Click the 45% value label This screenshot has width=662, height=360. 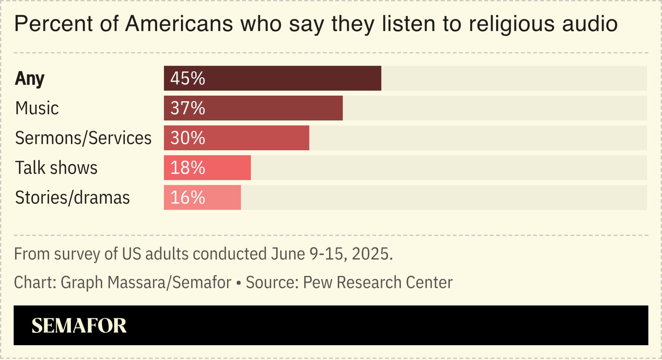pos(187,78)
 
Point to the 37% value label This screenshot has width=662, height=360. pos(187,108)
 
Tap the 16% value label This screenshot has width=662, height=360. pos(187,197)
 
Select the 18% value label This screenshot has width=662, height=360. pos(187,167)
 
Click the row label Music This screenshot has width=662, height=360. pos(37,108)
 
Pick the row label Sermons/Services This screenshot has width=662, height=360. pos(83,138)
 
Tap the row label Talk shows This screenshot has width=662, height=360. pos(56,168)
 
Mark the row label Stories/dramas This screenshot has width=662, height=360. pos(72,197)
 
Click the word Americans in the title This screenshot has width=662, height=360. pos(179,24)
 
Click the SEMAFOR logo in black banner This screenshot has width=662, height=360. pos(79,325)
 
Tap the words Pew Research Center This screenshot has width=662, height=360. pos(378,282)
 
